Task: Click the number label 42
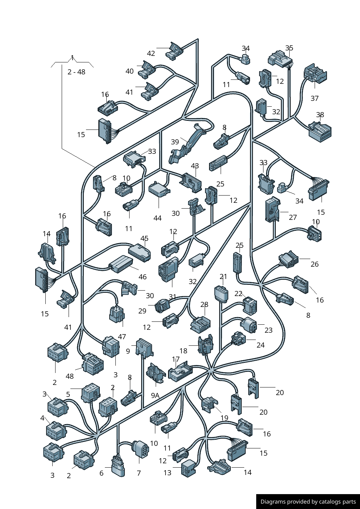pyautogui.click(x=151, y=53)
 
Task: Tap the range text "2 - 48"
pyautogui.click(x=76, y=72)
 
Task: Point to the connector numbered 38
pyautogui.click(x=320, y=132)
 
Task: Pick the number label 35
pyautogui.click(x=289, y=48)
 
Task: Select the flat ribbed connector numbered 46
pyautogui.click(x=120, y=264)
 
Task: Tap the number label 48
pyautogui.click(x=70, y=376)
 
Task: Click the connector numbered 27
pyautogui.click(x=273, y=209)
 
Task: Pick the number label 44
pyautogui.click(x=157, y=218)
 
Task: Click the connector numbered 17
pyautogui.click(x=180, y=372)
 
